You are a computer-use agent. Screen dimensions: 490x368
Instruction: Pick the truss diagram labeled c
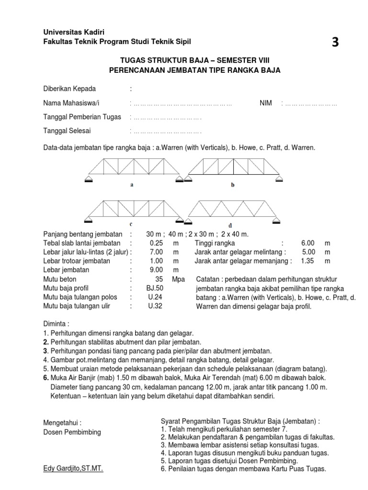(x=134, y=211)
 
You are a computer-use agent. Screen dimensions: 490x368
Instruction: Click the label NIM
(x=266, y=103)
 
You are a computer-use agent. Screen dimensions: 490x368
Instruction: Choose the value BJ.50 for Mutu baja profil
(x=155, y=288)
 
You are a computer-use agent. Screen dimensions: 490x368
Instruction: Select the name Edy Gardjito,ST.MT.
(x=73, y=469)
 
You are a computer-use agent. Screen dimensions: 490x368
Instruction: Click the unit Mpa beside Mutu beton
(x=179, y=279)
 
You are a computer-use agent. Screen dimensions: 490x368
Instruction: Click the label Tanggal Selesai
(x=67, y=131)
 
